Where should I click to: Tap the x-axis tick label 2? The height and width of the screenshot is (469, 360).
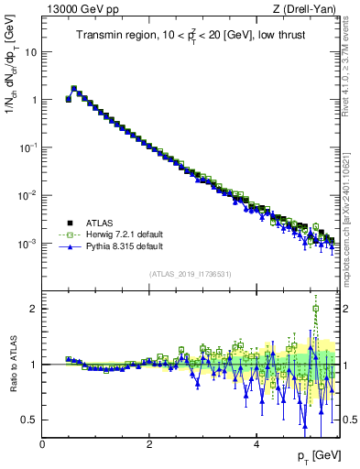(x=149, y=444)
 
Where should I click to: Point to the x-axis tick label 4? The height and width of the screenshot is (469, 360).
(x=256, y=444)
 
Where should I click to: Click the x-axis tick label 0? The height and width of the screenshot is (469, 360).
(x=42, y=444)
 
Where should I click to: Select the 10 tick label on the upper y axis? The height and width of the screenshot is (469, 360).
(x=29, y=51)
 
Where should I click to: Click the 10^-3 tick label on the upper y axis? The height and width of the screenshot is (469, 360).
(x=27, y=244)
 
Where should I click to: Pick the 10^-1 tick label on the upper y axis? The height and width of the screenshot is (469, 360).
(x=27, y=147)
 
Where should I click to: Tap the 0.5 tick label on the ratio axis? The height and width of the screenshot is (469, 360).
(x=29, y=420)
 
